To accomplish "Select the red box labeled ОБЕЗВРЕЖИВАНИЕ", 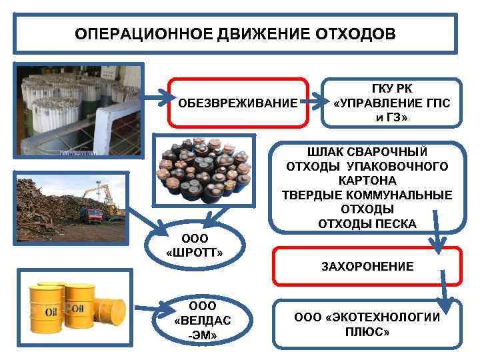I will coord(238,103).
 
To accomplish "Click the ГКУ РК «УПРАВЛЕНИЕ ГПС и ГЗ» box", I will coord(391,103).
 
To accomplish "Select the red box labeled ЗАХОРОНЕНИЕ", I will coord(367,267).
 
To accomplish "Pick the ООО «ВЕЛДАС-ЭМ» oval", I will coord(202,320).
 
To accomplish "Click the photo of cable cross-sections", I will coord(203,169).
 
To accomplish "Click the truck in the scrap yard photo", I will coord(92,214).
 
